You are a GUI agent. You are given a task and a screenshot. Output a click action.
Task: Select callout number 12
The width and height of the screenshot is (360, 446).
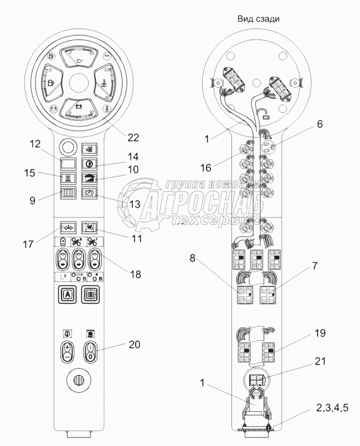(35, 144)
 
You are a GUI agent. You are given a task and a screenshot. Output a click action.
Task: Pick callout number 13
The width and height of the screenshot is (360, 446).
(134, 204)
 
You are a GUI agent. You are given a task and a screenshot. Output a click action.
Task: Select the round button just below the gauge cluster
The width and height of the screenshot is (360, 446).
(67, 147)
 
